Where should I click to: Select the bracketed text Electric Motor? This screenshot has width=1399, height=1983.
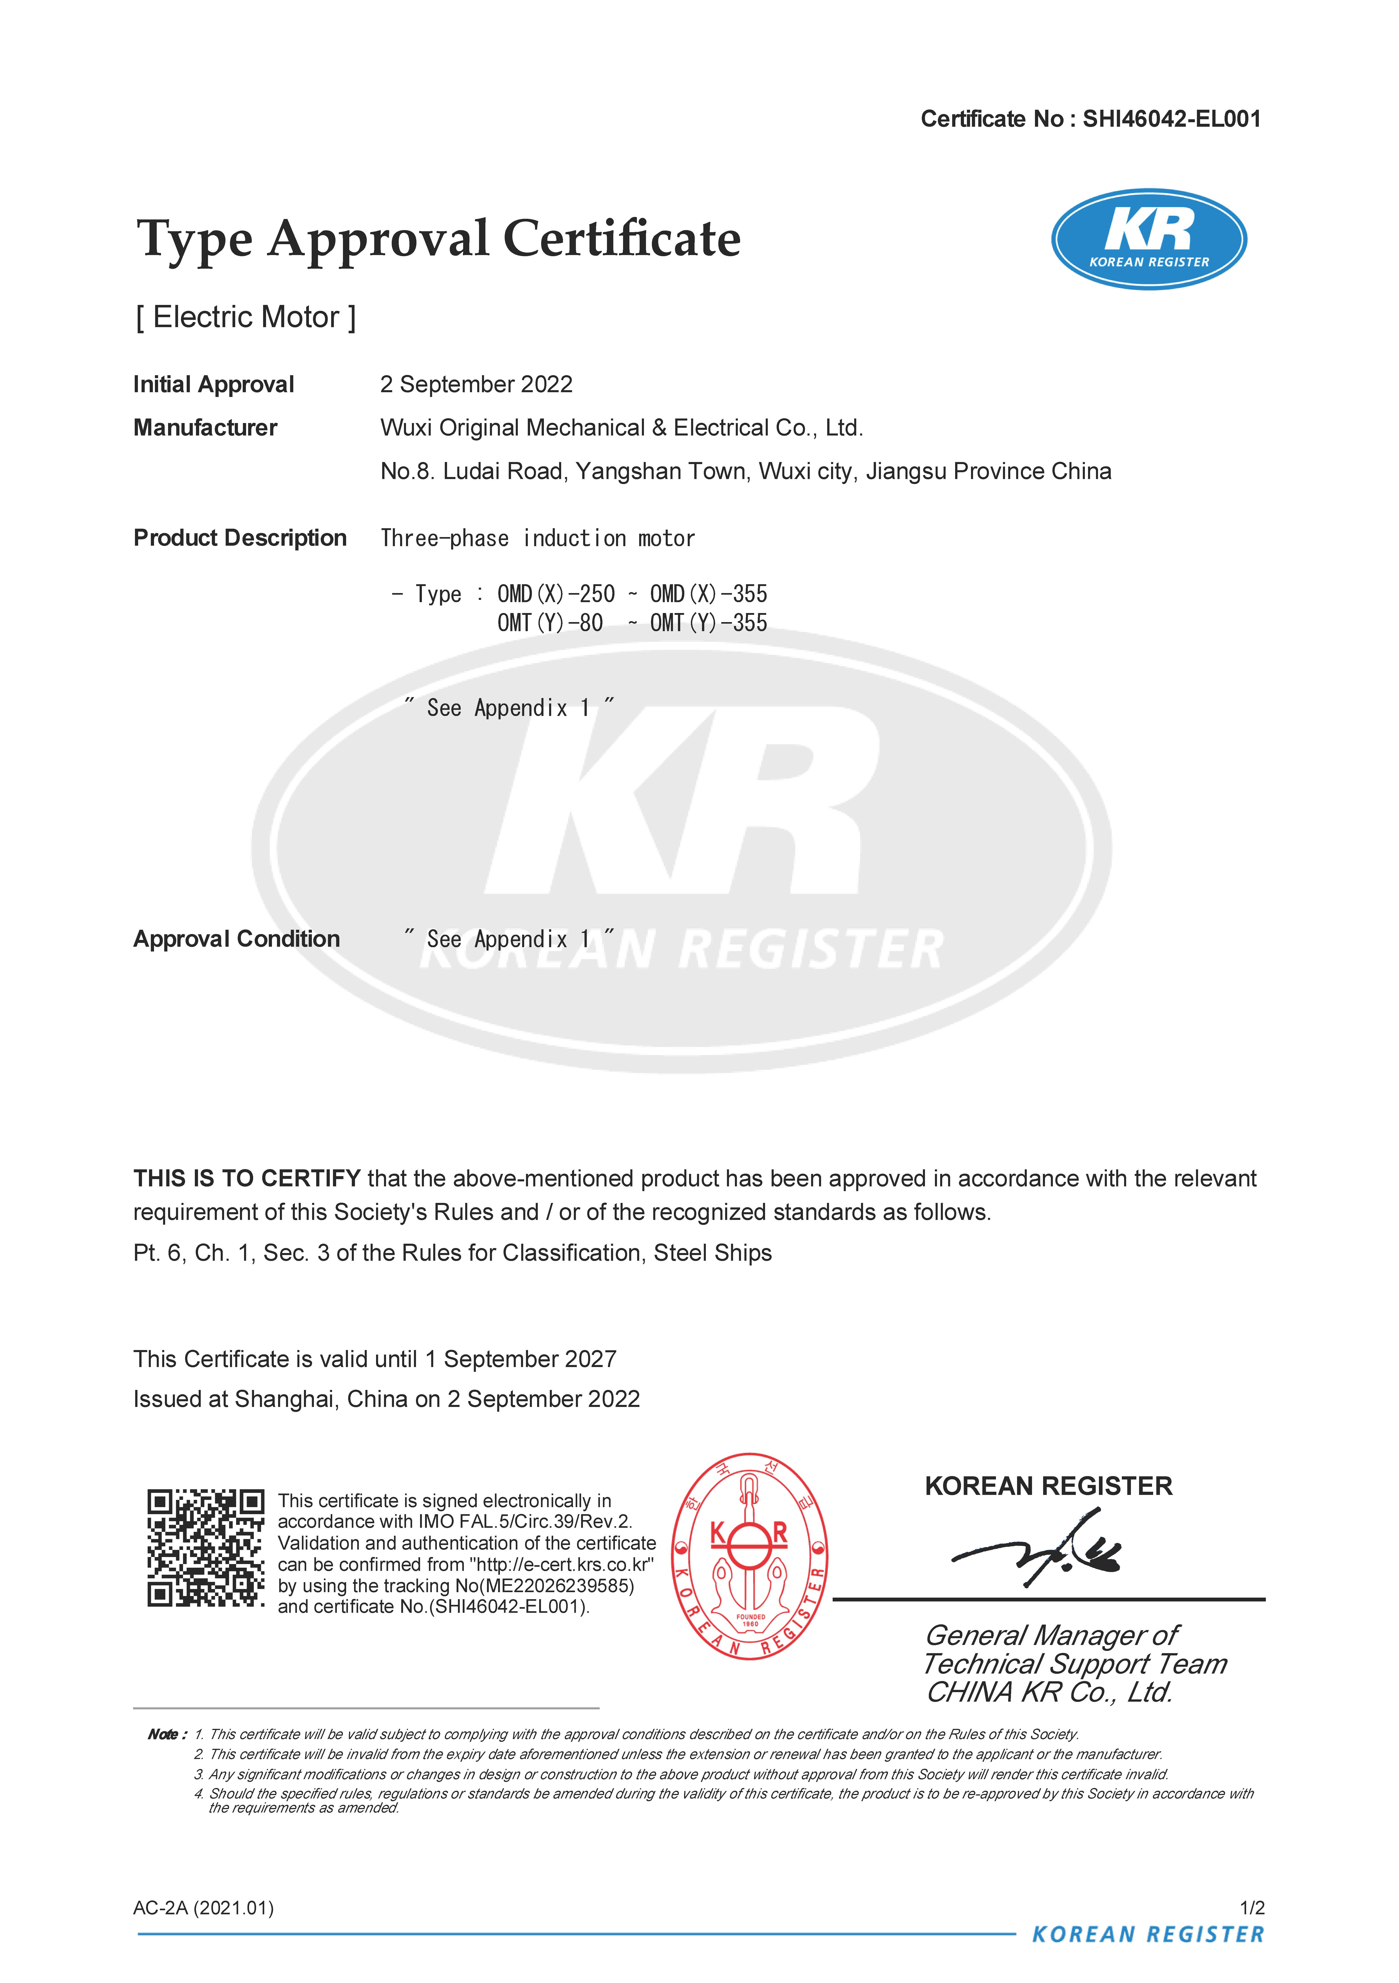coord(245,318)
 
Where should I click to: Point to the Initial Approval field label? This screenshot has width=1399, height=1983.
coord(213,384)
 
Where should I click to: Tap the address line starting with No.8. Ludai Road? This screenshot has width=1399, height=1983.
coord(745,472)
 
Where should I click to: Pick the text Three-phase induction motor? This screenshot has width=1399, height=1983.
coord(538,539)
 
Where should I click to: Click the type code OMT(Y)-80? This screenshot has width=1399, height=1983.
coord(550,623)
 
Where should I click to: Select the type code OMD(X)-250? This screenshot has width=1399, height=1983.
coord(556,594)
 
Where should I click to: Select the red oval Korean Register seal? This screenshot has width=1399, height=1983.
coord(749,1555)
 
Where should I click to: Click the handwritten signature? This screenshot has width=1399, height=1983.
coord(1037,1550)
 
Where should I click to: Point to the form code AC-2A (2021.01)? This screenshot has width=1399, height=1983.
coord(203,1908)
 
